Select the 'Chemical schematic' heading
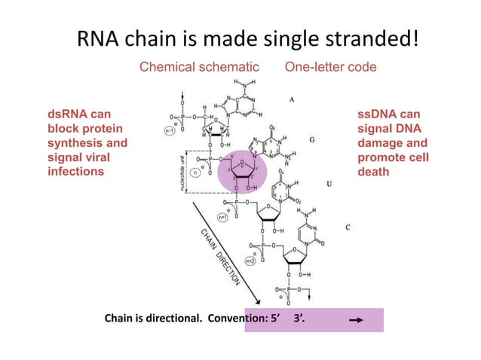[x=199, y=68]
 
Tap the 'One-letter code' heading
[x=330, y=68]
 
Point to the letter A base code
[x=291, y=99]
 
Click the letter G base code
[x=312, y=140]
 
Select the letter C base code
[x=347, y=227]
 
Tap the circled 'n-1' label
[x=170, y=130]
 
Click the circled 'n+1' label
[x=224, y=217]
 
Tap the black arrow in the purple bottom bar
[x=357, y=320]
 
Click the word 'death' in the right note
[x=375, y=171]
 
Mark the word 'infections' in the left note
[x=75, y=171]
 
